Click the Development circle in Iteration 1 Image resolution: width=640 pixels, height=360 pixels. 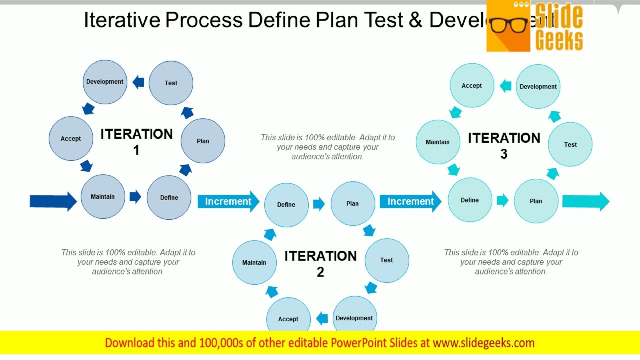[105, 82]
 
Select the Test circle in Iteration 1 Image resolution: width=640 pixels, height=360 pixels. [171, 83]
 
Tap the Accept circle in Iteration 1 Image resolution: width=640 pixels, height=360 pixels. [71, 138]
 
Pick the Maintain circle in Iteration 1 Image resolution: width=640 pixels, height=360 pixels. [103, 196]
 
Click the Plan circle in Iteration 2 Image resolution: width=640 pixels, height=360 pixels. [353, 203]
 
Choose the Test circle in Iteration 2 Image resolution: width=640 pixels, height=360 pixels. [387, 260]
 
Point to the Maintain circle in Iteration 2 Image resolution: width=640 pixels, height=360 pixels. [254, 262]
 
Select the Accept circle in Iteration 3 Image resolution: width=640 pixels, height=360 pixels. [472, 85]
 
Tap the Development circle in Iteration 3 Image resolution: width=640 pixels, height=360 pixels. [538, 86]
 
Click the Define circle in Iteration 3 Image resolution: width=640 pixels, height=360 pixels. [470, 200]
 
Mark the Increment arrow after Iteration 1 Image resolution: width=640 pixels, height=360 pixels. [228, 201]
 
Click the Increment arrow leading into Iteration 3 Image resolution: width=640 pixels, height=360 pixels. [410, 201]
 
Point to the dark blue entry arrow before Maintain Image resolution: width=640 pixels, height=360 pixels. [53, 201]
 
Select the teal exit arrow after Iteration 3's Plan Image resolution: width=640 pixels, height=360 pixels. [585, 201]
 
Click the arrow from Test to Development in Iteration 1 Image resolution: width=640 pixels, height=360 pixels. [138, 82]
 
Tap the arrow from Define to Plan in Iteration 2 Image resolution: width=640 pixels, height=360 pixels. [319, 203]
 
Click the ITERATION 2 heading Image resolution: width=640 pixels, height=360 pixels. [320, 263]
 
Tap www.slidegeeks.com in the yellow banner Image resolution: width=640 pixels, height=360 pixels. [483, 343]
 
